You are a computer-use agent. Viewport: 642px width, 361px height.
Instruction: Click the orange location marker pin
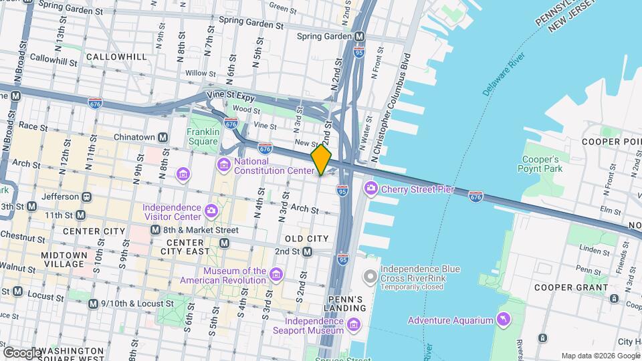coord(321,159)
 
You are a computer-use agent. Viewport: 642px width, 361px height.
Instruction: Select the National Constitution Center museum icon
coord(223,165)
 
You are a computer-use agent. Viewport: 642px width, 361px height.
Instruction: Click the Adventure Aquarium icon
coord(502,321)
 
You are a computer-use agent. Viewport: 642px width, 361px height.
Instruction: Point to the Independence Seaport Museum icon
coord(354,326)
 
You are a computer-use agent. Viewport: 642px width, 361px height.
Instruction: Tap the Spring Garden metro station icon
coord(360,36)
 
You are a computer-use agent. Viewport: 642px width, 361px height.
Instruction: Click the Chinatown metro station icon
coord(163,138)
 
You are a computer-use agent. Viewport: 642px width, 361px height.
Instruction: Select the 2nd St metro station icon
coord(307,251)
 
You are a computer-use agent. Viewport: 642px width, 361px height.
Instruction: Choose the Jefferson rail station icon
coord(86,197)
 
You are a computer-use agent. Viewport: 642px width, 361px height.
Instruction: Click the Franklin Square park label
coord(203,136)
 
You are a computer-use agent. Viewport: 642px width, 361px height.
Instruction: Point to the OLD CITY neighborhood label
coord(306,239)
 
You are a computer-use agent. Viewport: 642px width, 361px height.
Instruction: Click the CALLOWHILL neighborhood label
coord(116,57)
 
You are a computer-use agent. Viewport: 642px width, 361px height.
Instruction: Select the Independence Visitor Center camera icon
coord(211,211)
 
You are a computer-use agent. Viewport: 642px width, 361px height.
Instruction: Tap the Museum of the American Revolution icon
coord(275,274)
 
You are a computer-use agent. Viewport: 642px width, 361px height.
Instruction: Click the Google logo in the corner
coord(21,352)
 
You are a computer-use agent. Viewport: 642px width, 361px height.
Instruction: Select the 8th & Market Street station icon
coord(154,229)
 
